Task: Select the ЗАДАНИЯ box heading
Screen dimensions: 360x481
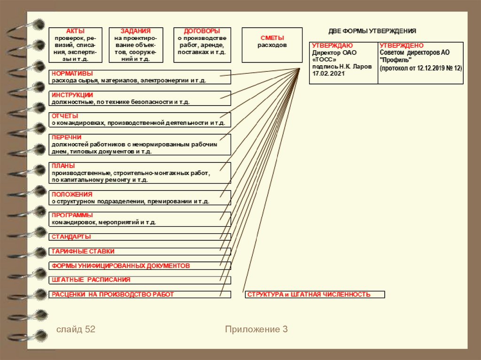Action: click(136, 31)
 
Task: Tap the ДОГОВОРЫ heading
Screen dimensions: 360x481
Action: click(202, 31)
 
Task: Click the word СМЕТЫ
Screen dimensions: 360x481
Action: click(272, 38)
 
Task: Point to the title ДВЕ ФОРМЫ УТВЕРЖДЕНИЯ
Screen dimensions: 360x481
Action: click(372, 31)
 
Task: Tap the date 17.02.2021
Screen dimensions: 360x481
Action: click(328, 74)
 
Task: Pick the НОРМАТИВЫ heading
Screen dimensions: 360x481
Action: click(72, 74)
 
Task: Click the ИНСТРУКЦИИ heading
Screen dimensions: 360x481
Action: click(72, 95)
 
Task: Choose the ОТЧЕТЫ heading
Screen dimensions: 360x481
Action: click(65, 116)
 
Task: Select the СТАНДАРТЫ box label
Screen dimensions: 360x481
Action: click(71, 237)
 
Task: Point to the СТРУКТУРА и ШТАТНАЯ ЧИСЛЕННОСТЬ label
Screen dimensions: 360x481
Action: click(309, 295)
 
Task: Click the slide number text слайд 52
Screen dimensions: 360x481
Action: click(76, 329)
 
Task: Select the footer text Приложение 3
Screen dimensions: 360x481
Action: click(256, 329)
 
